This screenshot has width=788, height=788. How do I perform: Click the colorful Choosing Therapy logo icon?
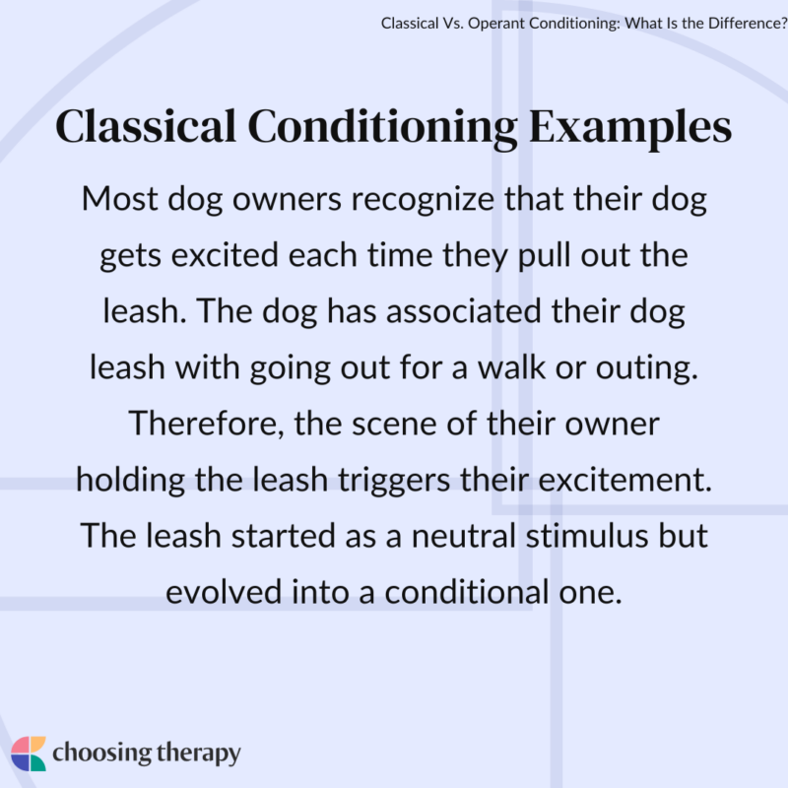pyautogui.click(x=30, y=754)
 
